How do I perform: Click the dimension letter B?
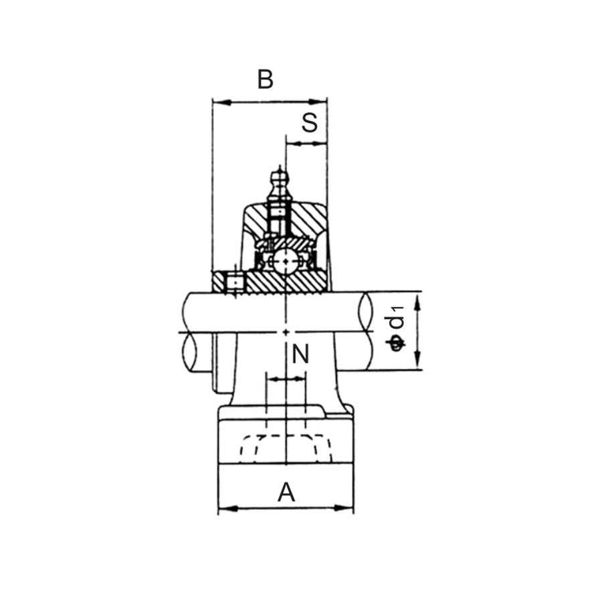pyautogui.click(x=266, y=80)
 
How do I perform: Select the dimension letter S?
pyautogui.click(x=308, y=122)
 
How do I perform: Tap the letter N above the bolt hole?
pyautogui.click(x=300, y=355)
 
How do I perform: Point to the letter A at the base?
pyautogui.click(x=286, y=492)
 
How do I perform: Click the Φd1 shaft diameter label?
pyautogui.click(x=397, y=328)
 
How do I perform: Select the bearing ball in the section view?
pyautogui.click(x=286, y=260)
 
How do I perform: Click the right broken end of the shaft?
pyautogui.click(x=366, y=330)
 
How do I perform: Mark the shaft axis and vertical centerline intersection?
pyautogui.click(x=286, y=332)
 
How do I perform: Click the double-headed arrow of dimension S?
pyautogui.click(x=306, y=143)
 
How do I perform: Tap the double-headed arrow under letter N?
pyautogui.click(x=286, y=379)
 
